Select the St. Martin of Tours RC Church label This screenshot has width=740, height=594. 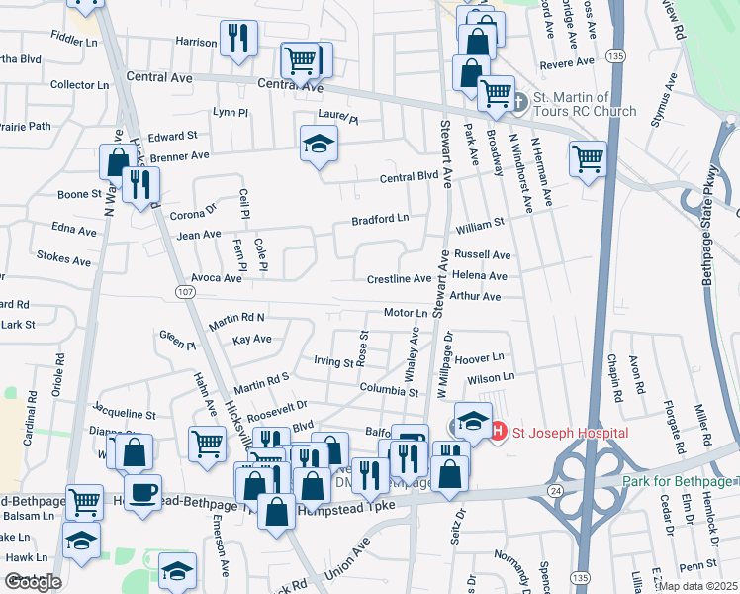(585, 104)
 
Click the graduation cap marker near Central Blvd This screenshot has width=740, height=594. (319, 144)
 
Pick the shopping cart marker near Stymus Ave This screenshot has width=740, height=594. (588, 156)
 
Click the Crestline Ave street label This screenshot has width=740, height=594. (400, 279)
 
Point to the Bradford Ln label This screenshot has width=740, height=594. (381, 218)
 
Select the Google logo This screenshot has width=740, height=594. (32, 582)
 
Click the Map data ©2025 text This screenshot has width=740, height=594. (697, 586)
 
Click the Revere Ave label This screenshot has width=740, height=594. (567, 62)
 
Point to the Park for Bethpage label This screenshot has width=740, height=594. (681, 481)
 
